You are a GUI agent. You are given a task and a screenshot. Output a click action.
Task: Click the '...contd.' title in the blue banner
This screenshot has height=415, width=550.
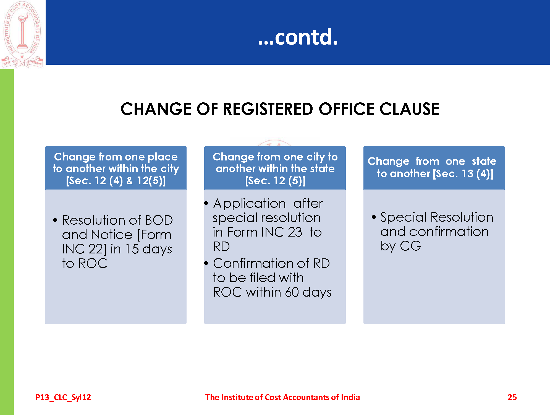tap(298, 37)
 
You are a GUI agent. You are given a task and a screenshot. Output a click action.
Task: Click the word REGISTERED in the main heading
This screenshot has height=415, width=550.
tap(268, 109)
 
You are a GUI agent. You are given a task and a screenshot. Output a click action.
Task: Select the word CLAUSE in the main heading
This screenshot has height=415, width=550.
tap(409, 109)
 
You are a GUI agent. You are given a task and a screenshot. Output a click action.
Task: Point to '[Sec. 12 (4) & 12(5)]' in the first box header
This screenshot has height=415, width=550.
tap(116, 181)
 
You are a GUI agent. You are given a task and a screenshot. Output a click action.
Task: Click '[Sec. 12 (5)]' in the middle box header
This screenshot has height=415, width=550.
tap(275, 181)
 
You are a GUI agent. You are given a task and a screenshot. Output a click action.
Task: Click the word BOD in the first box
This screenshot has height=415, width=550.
tap(159, 220)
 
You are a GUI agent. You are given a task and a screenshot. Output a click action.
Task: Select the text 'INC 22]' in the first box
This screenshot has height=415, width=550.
tap(84, 249)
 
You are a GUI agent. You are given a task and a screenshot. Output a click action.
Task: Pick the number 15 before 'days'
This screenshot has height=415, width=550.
tap(132, 249)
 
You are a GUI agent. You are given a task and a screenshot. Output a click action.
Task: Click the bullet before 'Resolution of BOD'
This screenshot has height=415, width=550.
tap(55, 220)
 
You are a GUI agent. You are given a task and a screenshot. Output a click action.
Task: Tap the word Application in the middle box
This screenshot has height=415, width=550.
tap(250, 204)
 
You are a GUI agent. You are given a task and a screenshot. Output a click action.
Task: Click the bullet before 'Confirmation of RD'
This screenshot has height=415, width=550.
tap(206, 263)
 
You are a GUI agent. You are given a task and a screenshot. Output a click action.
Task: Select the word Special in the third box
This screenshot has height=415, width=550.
tap(404, 217)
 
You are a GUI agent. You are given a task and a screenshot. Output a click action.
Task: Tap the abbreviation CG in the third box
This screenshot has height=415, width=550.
tap(410, 246)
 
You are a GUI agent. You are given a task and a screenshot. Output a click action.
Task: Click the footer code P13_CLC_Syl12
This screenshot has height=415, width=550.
tap(63, 397)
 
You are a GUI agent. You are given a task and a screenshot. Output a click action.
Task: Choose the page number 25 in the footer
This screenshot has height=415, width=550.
tap(512, 397)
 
